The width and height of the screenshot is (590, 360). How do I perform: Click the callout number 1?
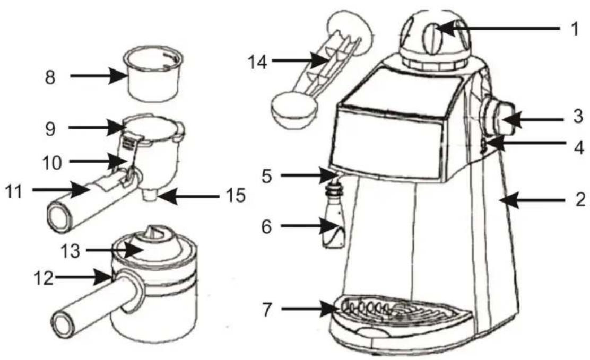coord(575,29)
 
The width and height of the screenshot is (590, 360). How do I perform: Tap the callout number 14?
coord(258,62)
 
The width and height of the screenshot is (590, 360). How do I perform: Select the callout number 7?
coord(267,310)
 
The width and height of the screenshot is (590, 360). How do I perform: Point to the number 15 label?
coord(236,196)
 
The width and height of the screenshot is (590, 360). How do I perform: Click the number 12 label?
coord(44,278)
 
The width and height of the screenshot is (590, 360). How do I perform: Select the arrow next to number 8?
coord(98,76)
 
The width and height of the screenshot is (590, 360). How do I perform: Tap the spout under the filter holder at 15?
coord(151,195)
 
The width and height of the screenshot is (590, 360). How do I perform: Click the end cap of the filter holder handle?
coord(58,216)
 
